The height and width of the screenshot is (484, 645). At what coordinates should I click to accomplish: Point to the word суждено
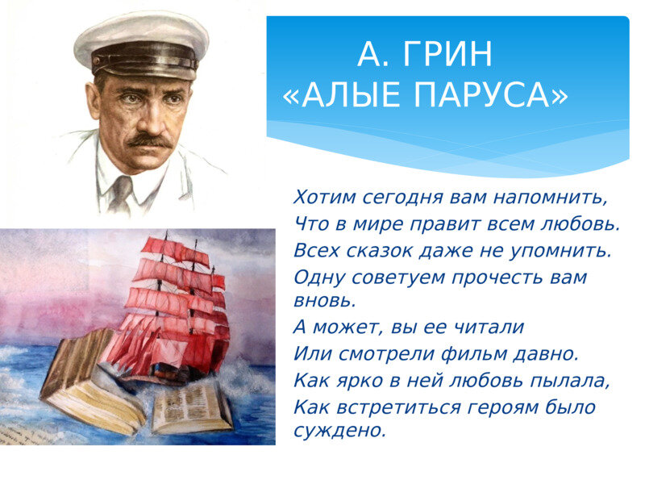(340, 431)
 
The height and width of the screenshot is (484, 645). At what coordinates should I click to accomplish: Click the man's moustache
(150, 140)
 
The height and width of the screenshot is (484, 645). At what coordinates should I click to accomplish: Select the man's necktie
(122, 194)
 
